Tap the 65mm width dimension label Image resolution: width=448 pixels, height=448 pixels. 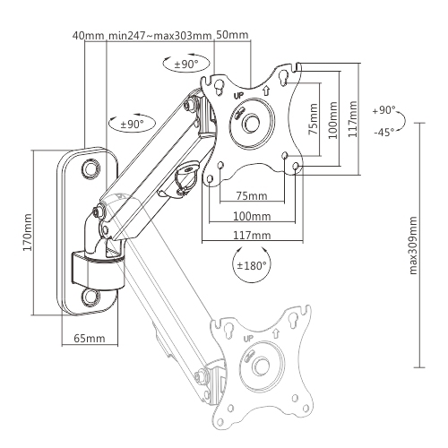(83, 339)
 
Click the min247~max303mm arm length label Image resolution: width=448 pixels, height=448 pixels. (159, 36)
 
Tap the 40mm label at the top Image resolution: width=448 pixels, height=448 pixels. (88, 36)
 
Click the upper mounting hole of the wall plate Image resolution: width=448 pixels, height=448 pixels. (90, 168)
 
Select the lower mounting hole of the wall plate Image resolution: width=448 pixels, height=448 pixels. (90, 296)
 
